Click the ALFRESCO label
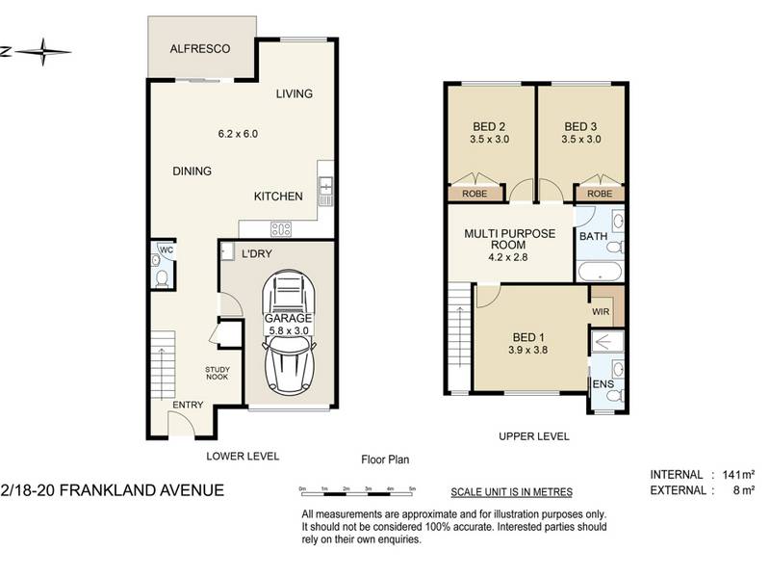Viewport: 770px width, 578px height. tap(200, 49)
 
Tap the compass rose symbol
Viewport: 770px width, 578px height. tap(42, 52)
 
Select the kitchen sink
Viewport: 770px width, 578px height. tap(326, 186)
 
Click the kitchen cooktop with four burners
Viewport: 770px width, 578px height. tap(281, 228)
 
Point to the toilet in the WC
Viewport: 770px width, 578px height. tap(161, 278)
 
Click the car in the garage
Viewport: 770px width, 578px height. tap(288, 332)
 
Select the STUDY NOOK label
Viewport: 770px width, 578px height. tap(218, 373)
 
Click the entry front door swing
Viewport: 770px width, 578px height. tap(182, 424)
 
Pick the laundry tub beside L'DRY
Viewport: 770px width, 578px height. tap(227, 251)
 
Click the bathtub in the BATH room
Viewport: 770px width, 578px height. tap(599, 272)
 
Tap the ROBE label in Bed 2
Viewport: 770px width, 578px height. tap(475, 194)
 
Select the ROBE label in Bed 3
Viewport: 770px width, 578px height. tap(600, 194)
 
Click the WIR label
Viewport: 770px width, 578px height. tap(601, 311)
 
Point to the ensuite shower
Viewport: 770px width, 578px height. tap(607, 341)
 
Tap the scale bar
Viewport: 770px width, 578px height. tap(358, 491)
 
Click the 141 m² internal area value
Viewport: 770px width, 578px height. tap(738, 475)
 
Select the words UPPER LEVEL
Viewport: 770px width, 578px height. tap(534, 436)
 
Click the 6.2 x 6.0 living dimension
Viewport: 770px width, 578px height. tap(238, 134)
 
